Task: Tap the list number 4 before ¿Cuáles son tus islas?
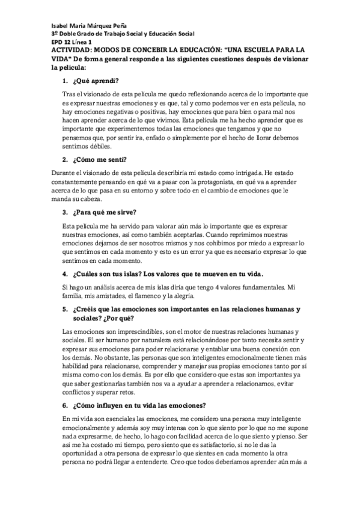pyautogui.click(x=65, y=274)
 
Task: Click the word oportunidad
pyautogui.click(x=83, y=453)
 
